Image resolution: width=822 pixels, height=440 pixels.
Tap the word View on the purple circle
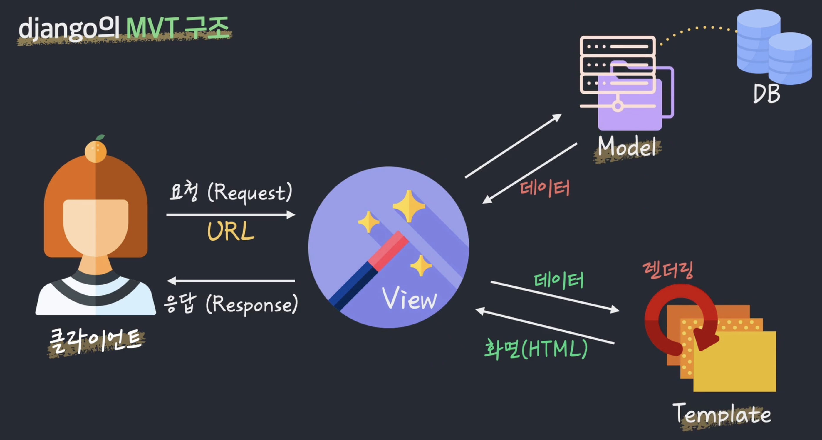pyautogui.click(x=410, y=299)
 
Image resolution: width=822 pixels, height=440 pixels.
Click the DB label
pyautogui.click(x=766, y=94)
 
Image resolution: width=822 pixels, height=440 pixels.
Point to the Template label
pyautogui.click(x=722, y=414)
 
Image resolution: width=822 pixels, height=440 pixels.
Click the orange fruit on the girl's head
pyautogui.click(x=96, y=151)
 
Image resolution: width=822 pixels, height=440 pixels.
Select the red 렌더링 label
pyautogui.click(x=667, y=271)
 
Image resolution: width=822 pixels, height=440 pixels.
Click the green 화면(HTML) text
pyautogui.click(x=536, y=349)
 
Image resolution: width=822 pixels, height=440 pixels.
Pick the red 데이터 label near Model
pyautogui.click(x=545, y=188)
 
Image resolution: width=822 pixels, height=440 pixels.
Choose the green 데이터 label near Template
pyautogui.click(x=559, y=281)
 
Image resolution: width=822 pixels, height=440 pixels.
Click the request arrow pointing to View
pyautogui.click(x=230, y=215)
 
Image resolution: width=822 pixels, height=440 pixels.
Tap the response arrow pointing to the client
pyautogui.click(x=231, y=281)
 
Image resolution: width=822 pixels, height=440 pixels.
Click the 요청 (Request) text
pyautogui.click(x=230, y=192)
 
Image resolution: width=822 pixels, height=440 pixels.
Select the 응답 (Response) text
pyautogui.click(x=230, y=304)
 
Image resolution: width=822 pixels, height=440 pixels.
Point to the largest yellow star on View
pyautogui.click(x=409, y=206)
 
